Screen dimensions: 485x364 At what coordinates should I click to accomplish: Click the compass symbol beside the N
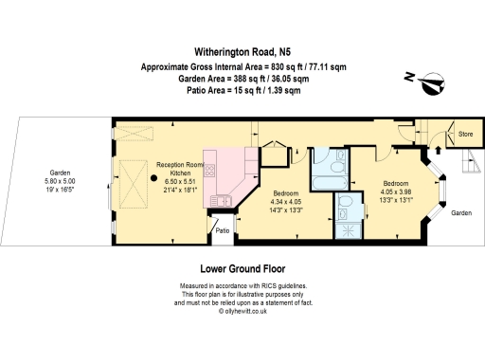(x=433, y=83)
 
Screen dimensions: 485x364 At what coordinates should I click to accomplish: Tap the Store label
(x=465, y=134)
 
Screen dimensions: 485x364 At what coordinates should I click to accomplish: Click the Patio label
(x=223, y=230)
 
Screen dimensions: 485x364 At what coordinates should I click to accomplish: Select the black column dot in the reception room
(x=153, y=178)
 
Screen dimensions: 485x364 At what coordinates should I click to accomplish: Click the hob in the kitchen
(x=209, y=171)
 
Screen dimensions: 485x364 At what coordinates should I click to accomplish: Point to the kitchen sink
(x=221, y=201)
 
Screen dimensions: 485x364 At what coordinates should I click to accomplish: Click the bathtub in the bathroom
(x=330, y=182)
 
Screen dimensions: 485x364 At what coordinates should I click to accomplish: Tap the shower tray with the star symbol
(x=349, y=230)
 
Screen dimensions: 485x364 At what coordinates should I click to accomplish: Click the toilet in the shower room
(x=345, y=201)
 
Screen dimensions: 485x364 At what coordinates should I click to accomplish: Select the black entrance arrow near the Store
(x=438, y=150)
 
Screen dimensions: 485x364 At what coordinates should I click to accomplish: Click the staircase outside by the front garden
(x=472, y=160)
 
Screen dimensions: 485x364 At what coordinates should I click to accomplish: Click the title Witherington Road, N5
(x=242, y=52)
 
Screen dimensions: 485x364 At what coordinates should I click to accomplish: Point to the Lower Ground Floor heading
(x=242, y=269)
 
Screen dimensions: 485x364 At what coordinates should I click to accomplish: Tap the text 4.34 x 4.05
(x=286, y=202)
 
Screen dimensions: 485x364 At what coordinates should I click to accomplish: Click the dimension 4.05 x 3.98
(x=396, y=191)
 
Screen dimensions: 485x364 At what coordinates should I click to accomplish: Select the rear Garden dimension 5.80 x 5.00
(x=60, y=181)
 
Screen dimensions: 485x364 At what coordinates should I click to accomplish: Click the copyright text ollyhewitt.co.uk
(x=245, y=311)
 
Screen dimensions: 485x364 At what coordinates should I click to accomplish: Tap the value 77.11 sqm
(x=328, y=67)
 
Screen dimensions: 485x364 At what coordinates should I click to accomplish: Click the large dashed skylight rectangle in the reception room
(x=134, y=184)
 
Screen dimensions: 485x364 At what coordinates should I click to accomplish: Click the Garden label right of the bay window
(x=461, y=213)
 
